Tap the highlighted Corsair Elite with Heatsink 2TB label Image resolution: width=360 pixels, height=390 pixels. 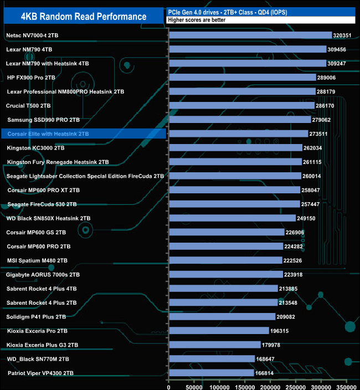48,134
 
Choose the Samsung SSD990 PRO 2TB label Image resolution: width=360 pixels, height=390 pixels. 44,120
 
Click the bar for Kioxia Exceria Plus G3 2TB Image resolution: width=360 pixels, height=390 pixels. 214,345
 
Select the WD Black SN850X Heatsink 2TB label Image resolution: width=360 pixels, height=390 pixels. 49,218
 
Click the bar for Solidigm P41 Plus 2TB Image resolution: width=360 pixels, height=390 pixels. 222,317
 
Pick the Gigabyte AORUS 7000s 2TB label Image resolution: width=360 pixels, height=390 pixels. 43,275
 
